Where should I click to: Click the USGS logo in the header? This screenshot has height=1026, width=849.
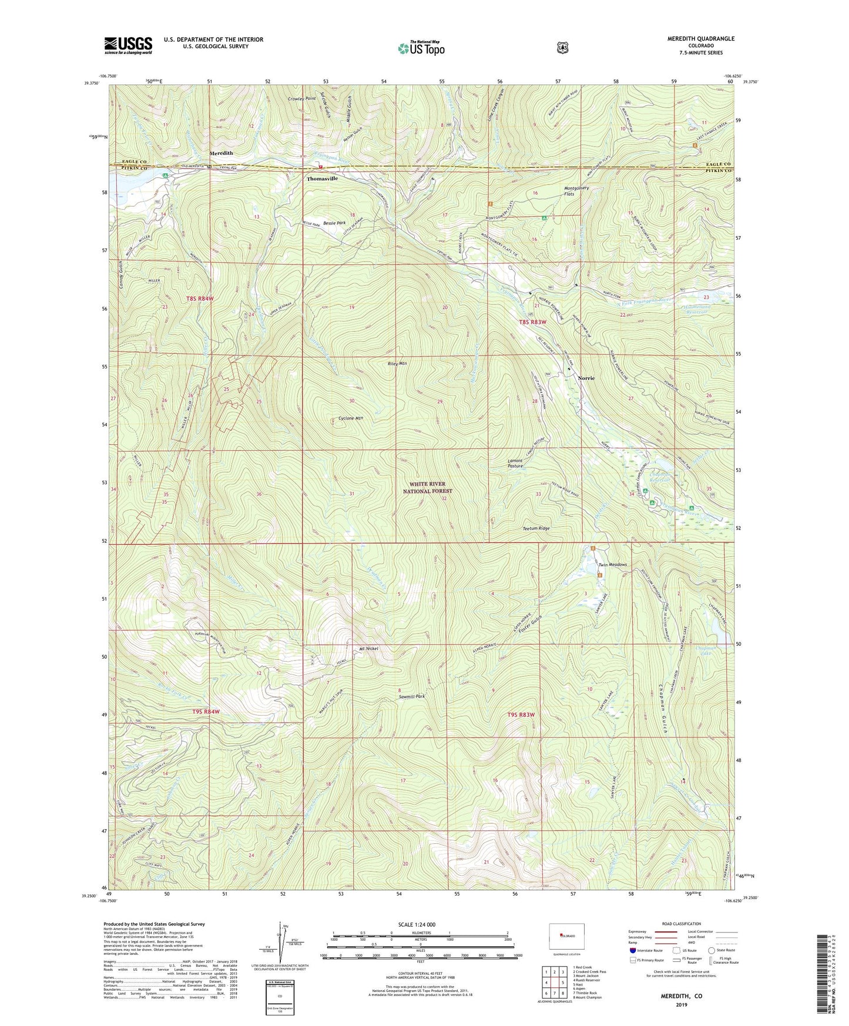coord(128,45)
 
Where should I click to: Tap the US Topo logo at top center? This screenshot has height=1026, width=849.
coord(420,48)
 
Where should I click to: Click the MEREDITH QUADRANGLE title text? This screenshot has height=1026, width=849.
coord(700,39)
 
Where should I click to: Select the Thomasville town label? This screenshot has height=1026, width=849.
coord(322,179)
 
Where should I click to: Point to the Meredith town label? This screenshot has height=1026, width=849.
coord(222,153)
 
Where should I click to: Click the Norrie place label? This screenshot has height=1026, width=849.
coord(586,378)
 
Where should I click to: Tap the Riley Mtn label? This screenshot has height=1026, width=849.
coord(397,364)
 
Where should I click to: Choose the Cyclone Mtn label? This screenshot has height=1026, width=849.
coord(351,418)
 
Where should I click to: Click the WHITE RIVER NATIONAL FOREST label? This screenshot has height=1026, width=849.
coord(428,487)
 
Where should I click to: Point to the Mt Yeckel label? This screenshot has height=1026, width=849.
coord(368,649)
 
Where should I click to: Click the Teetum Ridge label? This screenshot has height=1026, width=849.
coord(536,529)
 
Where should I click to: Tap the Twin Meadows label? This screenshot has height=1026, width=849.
coord(612,565)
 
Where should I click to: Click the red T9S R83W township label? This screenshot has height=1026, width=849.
coord(521,715)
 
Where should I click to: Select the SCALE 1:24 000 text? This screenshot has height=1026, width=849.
coord(416,924)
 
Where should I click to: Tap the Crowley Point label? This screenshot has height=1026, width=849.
coord(302,99)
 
